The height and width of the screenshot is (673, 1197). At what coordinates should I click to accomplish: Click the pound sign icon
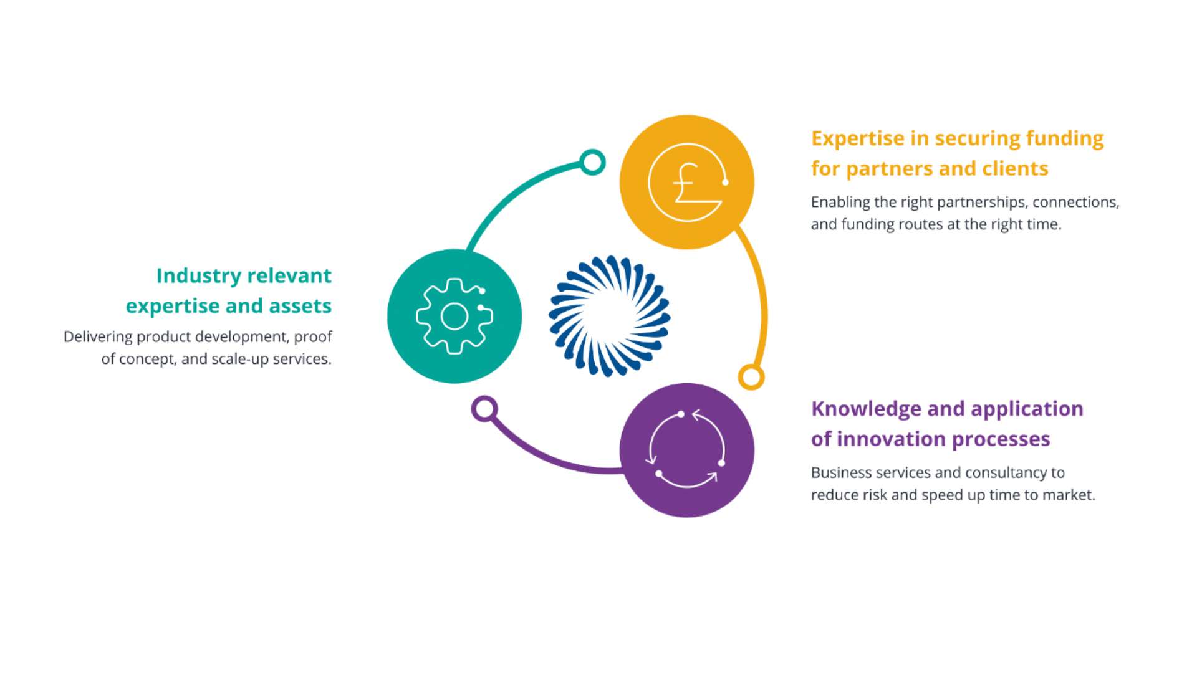pyautogui.click(x=687, y=183)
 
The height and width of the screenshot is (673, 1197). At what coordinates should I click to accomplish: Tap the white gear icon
pyautogui.click(x=454, y=317)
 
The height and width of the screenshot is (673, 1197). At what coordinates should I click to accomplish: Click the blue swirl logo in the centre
pyautogui.click(x=609, y=316)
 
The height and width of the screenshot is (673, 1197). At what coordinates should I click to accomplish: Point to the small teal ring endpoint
pyautogui.click(x=592, y=162)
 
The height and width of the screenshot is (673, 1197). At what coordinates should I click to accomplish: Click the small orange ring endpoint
pyautogui.click(x=751, y=377)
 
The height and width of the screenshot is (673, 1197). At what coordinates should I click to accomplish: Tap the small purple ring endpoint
pyautogui.click(x=484, y=409)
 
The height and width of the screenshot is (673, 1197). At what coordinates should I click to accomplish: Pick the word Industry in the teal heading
pyautogui.click(x=199, y=276)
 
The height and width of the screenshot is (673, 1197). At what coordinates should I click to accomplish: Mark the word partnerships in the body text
pyautogui.click(x=983, y=203)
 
